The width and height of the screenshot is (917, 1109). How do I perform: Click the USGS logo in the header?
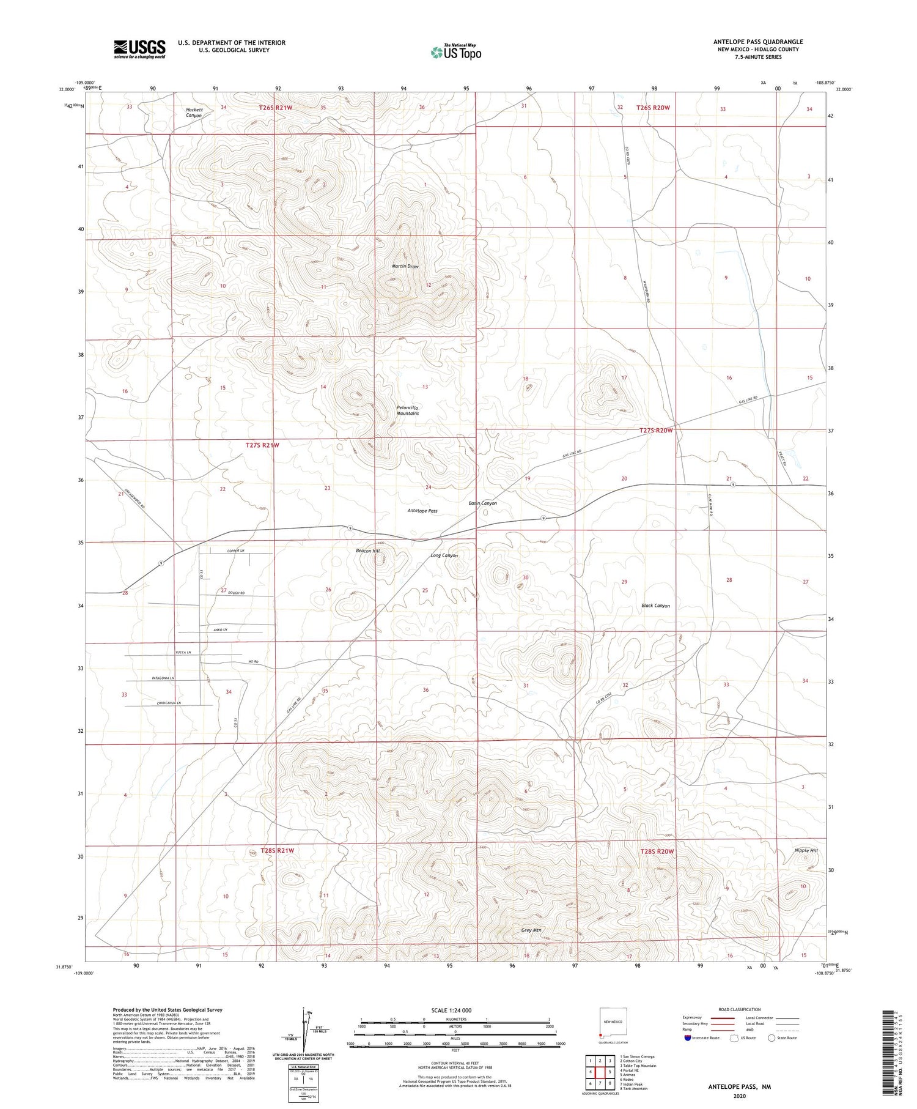click(139, 49)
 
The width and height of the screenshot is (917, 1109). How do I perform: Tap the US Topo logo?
click(455, 53)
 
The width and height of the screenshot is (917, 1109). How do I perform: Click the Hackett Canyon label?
click(194, 113)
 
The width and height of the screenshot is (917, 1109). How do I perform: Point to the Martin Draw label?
click(405, 267)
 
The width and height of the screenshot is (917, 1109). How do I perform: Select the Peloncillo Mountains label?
click(408, 410)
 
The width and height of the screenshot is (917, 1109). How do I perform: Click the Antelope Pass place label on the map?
click(422, 511)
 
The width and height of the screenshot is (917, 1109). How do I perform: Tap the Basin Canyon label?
click(482, 503)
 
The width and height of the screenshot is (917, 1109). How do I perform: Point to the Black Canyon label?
click(655, 606)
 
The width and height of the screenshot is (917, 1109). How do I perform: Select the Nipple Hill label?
click(806, 851)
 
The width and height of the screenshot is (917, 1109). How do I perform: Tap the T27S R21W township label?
click(258, 445)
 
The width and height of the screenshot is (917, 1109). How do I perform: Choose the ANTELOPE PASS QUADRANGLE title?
click(758, 42)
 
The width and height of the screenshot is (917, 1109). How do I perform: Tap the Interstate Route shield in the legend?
click(688, 1038)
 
